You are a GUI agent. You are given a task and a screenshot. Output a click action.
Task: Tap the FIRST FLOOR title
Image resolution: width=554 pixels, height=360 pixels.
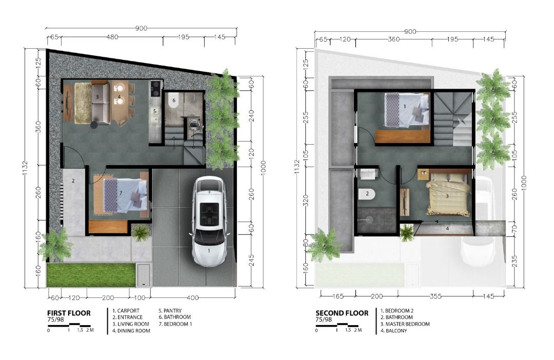click(x=69, y=313)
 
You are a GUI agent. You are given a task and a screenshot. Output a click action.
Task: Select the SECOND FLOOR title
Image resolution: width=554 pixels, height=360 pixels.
click(x=342, y=313)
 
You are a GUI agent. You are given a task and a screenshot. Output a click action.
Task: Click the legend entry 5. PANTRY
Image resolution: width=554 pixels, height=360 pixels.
click(x=170, y=311)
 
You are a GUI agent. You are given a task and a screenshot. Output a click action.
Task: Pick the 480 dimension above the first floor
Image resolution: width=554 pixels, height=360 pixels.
click(x=112, y=37)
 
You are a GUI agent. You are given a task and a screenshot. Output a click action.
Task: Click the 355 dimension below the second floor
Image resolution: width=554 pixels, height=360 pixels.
click(x=436, y=296)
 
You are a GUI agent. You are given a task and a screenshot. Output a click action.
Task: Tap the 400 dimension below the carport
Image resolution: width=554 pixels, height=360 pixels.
click(x=192, y=298)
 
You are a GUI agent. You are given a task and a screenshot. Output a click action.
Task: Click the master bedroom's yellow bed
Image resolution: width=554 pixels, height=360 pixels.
click(x=448, y=194)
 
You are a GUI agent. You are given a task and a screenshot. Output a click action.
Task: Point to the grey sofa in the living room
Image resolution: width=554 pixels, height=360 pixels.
click(x=101, y=103)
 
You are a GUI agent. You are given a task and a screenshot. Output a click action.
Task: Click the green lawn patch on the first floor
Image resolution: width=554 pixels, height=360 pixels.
click(x=91, y=274)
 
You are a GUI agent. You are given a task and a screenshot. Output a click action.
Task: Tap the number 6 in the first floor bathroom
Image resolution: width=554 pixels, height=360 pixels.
click(x=174, y=101)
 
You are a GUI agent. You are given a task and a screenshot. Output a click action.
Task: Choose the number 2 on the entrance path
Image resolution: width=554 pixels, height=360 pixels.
click(x=73, y=181)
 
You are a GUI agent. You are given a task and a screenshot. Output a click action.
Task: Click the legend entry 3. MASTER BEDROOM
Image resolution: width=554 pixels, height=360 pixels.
click(x=405, y=324)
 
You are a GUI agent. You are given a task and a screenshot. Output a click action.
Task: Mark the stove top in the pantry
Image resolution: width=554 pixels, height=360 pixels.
click(x=155, y=89)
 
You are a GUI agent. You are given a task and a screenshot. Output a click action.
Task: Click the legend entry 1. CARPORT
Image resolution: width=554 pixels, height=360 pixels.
click(x=126, y=311)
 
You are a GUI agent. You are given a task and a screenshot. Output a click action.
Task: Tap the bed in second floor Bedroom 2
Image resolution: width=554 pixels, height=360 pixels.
click(x=407, y=110)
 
